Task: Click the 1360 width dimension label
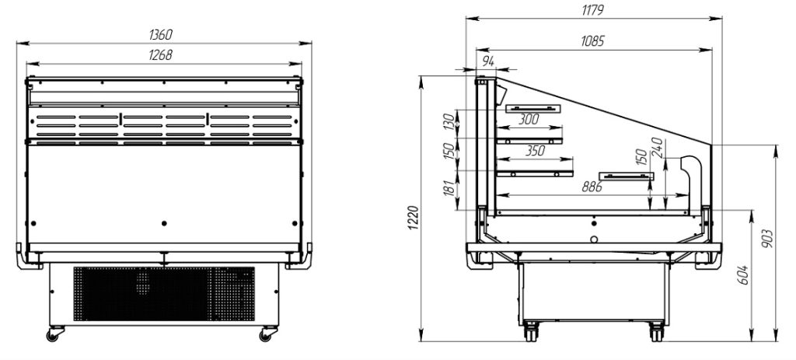pyautogui.click(x=161, y=34)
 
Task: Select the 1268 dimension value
pyautogui.click(x=161, y=55)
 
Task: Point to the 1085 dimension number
pyautogui.click(x=593, y=41)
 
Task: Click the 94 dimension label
pyautogui.click(x=488, y=61)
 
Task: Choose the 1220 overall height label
pyautogui.click(x=414, y=218)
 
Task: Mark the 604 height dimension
pyautogui.click(x=744, y=274)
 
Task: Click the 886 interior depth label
pyautogui.click(x=592, y=187)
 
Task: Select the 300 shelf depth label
pyautogui.click(x=529, y=120)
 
